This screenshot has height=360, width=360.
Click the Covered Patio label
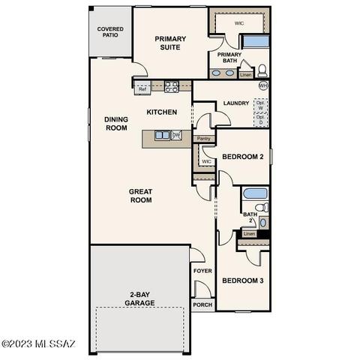[110, 33]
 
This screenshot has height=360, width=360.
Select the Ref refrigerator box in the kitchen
[142, 89]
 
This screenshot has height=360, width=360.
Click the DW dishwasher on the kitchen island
[176, 135]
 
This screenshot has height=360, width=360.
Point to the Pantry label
[203, 139]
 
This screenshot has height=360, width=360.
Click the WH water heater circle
[262, 86]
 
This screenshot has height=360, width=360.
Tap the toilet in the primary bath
[262, 71]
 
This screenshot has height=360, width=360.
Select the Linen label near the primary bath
[245, 75]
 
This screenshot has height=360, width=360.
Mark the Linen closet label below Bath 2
[249, 234]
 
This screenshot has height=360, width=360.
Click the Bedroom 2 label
[242, 157]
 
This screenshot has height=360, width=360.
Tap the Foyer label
[202, 271]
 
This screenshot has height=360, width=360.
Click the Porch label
[202, 305]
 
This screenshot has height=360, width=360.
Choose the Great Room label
[140, 196]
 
